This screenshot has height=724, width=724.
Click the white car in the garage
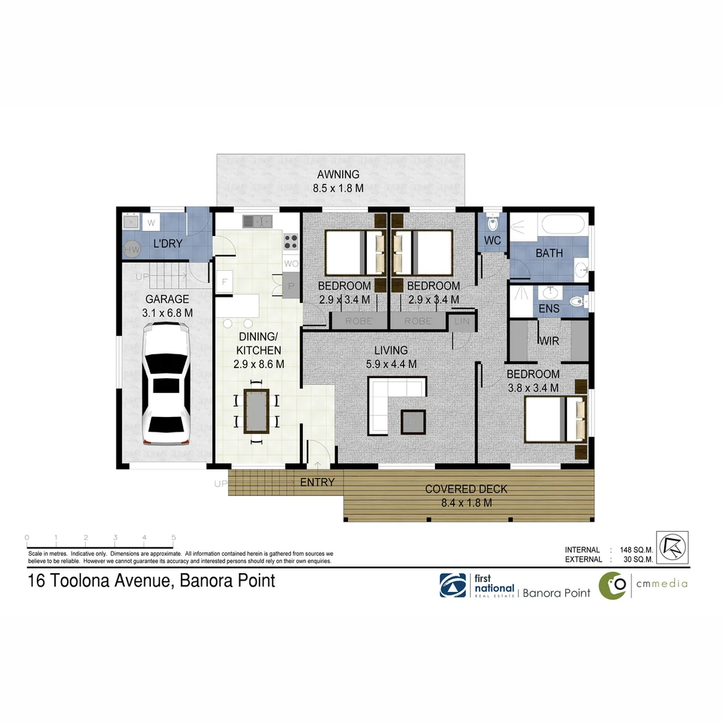click(166, 384)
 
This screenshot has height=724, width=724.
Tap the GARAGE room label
click(168, 300)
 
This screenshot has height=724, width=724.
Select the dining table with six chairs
click(256, 410)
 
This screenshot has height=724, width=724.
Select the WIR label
click(550, 341)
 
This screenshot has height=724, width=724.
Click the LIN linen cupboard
click(463, 322)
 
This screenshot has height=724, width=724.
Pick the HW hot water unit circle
click(131, 249)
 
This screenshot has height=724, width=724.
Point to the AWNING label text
click(339, 176)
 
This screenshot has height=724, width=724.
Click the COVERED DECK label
click(467, 489)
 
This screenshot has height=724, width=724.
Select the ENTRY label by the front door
click(317, 482)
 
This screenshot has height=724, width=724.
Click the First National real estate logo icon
click(453, 585)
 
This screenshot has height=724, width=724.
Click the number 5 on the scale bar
click(174, 538)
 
